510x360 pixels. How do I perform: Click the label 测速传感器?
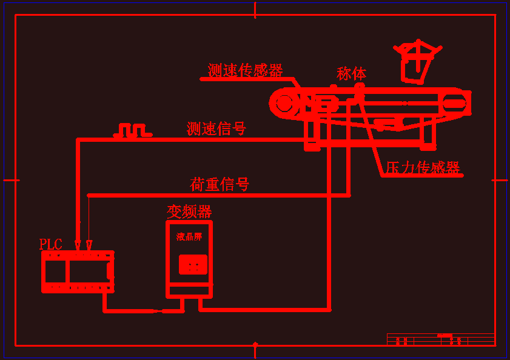[245, 71]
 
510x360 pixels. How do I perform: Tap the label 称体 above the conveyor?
[351, 74]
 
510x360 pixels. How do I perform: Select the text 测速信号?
[216, 128]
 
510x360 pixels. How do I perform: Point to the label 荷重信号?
[220, 184]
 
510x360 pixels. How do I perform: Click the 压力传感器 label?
[423, 168]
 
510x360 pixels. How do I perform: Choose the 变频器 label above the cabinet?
[189, 212]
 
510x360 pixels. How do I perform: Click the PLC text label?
[50, 244]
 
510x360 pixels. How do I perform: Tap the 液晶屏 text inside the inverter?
[189, 237]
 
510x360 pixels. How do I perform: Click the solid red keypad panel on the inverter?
[193, 264]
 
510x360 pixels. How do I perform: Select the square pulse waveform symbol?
[132, 130]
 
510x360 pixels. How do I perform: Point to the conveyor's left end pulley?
[284, 103]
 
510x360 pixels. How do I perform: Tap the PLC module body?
[77, 272]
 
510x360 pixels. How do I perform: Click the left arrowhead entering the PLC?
[78, 244]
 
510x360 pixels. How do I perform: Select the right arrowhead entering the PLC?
[89, 245]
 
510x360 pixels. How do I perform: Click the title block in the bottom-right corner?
[441, 339]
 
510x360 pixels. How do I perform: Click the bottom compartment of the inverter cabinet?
[189, 290]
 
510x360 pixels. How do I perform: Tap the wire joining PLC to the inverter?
[133, 311]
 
